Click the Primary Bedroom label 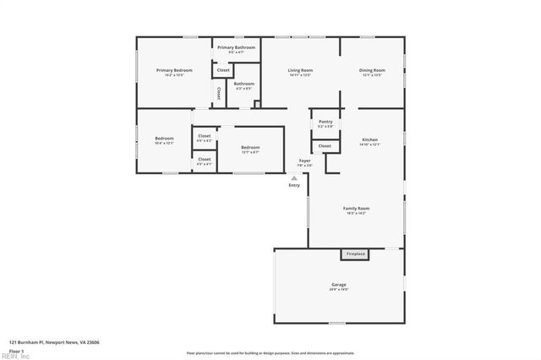174,70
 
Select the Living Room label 300,70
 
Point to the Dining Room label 372,70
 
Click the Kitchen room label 370,139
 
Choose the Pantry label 325,122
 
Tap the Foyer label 304,161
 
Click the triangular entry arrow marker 294,178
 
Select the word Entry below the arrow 294,185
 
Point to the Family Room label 356,208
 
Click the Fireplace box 356,254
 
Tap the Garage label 338,286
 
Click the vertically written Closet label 219,92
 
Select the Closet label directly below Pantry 325,146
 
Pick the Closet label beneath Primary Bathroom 223,69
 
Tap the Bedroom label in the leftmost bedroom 164,138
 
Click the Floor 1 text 16,351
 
